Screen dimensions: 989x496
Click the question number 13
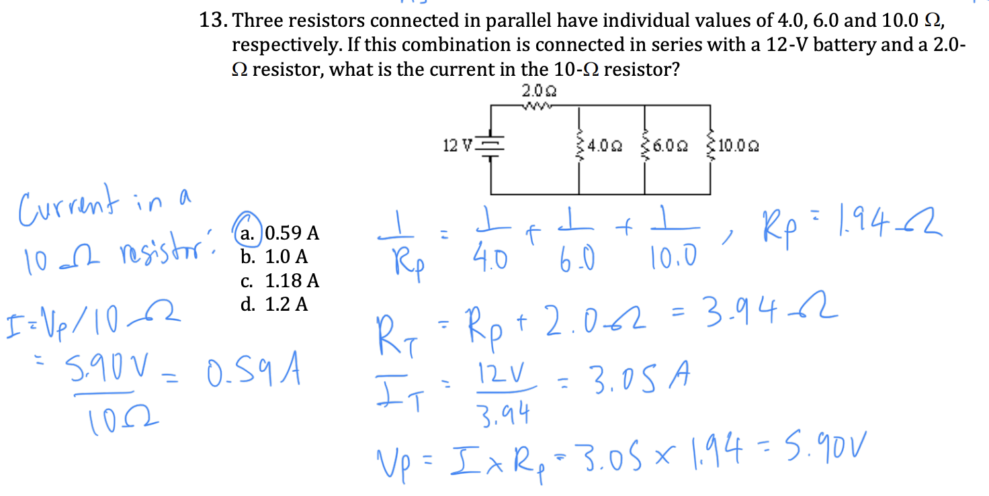(213, 20)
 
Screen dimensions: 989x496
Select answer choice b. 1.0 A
(273, 256)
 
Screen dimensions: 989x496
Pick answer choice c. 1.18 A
(279, 281)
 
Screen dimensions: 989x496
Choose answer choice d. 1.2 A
(273, 304)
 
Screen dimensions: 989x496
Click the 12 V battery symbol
(490, 146)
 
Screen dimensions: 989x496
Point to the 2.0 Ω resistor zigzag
(536, 106)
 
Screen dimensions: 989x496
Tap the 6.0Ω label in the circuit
(670, 146)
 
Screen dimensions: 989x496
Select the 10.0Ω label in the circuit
(738, 146)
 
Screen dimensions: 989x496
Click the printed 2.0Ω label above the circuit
(539, 91)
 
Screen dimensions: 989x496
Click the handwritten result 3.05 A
(641, 377)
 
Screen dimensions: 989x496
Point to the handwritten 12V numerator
(501, 374)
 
